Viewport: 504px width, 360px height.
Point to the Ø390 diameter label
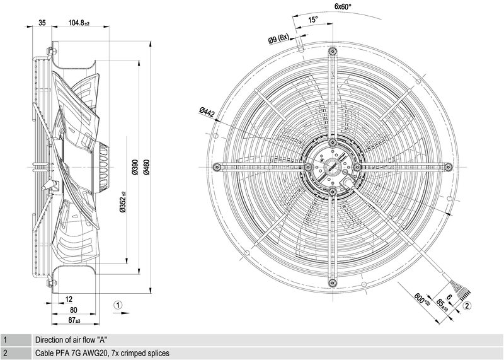[134, 166]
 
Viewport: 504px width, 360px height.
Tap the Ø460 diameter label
[146, 166]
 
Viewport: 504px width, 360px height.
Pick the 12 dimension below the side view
[69, 299]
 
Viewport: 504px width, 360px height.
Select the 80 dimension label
[73, 310]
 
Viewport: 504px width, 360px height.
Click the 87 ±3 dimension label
[74, 320]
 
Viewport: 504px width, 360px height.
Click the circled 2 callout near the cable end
[467, 306]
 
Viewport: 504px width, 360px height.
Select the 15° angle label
[313, 20]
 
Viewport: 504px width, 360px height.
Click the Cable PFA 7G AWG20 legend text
[102, 353]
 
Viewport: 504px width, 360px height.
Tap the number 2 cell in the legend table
[5, 353]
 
